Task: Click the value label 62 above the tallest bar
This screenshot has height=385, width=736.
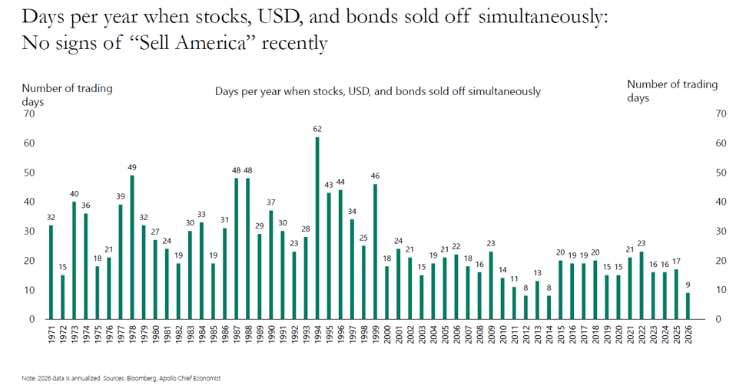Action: pos(317,129)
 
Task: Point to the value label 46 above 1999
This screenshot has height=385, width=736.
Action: pos(375,176)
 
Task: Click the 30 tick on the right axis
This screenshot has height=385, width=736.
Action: pos(720,231)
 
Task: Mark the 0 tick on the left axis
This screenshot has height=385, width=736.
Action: pos(31,319)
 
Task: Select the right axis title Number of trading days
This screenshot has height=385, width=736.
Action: pos(671,90)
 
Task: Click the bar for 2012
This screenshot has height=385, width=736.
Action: pos(525,307)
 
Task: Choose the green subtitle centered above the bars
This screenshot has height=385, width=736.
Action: pos(377,91)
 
